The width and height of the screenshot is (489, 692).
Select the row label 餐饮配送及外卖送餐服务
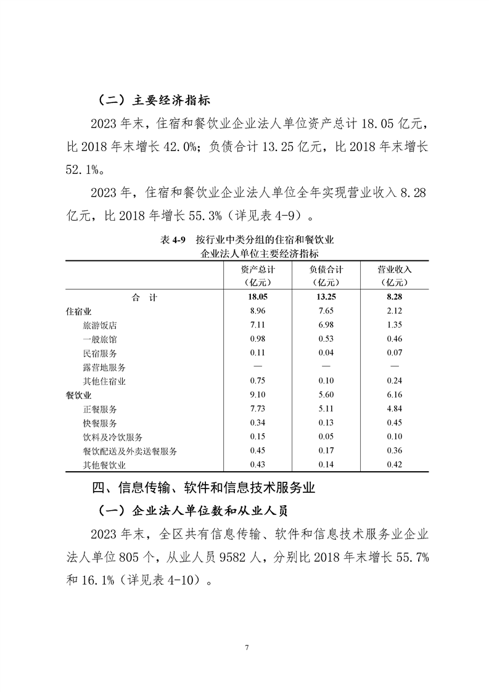click(x=129, y=451)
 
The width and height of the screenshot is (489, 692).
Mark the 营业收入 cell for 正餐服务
click(x=394, y=409)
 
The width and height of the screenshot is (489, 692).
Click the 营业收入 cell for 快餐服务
click(x=394, y=423)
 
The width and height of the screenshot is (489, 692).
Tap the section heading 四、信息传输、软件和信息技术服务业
click(x=203, y=488)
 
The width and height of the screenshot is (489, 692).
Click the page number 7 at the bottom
click(x=246, y=647)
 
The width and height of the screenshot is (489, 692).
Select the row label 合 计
click(x=144, y=297)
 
